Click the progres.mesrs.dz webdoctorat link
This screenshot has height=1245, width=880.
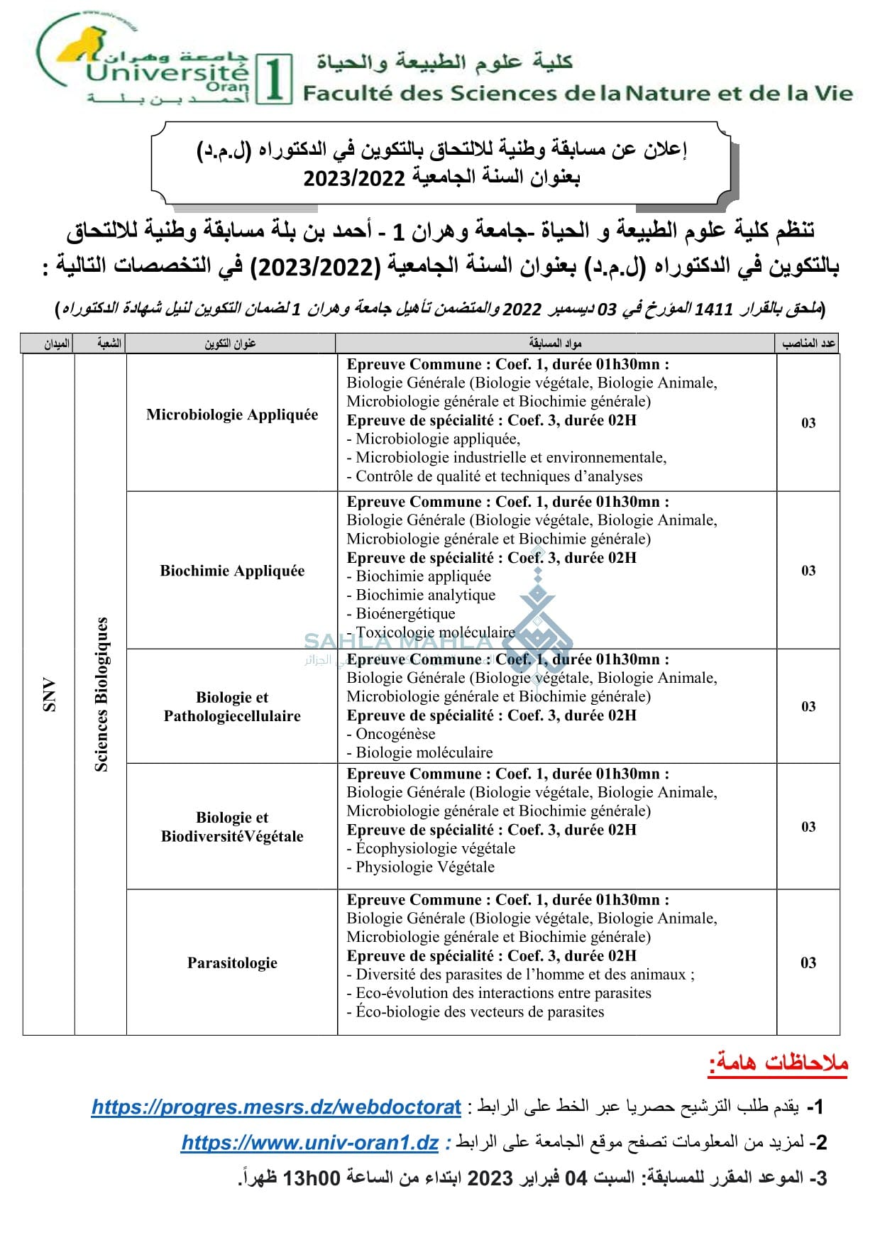tap(276, 1107)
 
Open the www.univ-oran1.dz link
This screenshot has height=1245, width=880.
tap(309, 1143)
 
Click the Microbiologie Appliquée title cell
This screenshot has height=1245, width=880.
tap(232, 415)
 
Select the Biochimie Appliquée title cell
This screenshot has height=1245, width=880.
tap(232, 571)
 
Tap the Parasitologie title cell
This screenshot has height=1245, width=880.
tap(232, 963)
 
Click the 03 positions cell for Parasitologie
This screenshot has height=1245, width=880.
tap(808, 963)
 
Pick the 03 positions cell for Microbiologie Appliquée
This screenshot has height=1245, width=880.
tap(808, 423)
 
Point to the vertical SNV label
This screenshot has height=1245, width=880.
tap(49, 695)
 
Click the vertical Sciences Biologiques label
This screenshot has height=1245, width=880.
tap(101, 695)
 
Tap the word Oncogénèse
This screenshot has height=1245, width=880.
tap(395, 734)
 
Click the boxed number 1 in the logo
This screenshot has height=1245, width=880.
tap(274, 79)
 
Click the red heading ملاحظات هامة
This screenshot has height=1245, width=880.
tap(779, 1063)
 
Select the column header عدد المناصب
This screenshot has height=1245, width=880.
tap(808, 344)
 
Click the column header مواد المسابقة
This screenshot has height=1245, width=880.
tap(555, 344)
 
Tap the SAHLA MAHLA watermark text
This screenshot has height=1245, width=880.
tap(397, 642)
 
